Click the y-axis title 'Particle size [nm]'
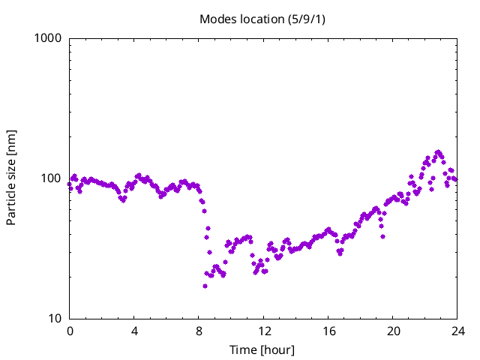11,178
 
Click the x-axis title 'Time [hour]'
262,349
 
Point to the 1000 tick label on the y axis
49,37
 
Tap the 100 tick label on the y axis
52,178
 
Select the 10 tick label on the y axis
55,319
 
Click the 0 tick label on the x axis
70,331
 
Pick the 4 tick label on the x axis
134,331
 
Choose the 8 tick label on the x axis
199,331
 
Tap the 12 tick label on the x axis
264,331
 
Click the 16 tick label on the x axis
328,331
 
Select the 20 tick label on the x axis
393,331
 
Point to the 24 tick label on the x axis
457,331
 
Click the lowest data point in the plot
205,286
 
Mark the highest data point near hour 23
439,152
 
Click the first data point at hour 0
70,184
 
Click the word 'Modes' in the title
217,19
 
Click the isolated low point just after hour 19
382,236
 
